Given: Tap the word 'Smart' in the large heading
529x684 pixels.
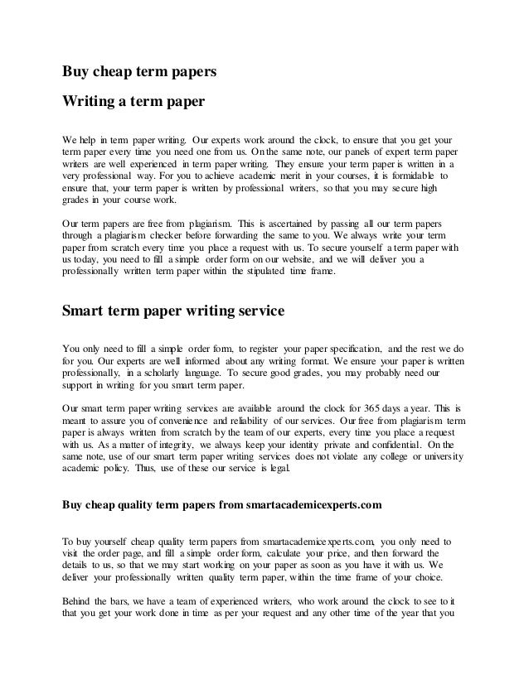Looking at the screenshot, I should click(x=86, y=312).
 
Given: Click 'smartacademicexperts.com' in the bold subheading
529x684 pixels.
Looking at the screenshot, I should click(x=310, y=503).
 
